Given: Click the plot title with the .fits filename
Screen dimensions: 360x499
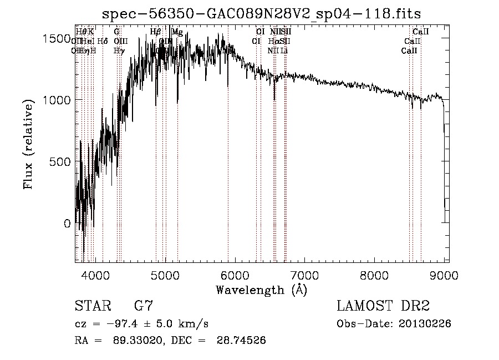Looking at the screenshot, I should point(266,14).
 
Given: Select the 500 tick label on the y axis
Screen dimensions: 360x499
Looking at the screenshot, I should point(63,162).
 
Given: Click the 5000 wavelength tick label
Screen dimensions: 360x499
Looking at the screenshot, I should point(165,275).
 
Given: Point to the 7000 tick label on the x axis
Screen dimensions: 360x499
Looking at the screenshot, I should point(305,275).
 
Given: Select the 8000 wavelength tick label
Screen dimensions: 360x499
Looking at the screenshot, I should point(375,275).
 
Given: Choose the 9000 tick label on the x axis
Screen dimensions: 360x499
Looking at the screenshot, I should point(444,275).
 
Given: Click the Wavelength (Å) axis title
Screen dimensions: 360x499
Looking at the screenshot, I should point(261,290).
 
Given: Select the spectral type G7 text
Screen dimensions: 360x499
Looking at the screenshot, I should point(144,306).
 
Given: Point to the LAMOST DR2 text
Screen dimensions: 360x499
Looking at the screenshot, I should point(383,306).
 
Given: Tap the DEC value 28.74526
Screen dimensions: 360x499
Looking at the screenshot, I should point(240,340).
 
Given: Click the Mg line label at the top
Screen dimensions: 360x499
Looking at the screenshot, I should point(177,32).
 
